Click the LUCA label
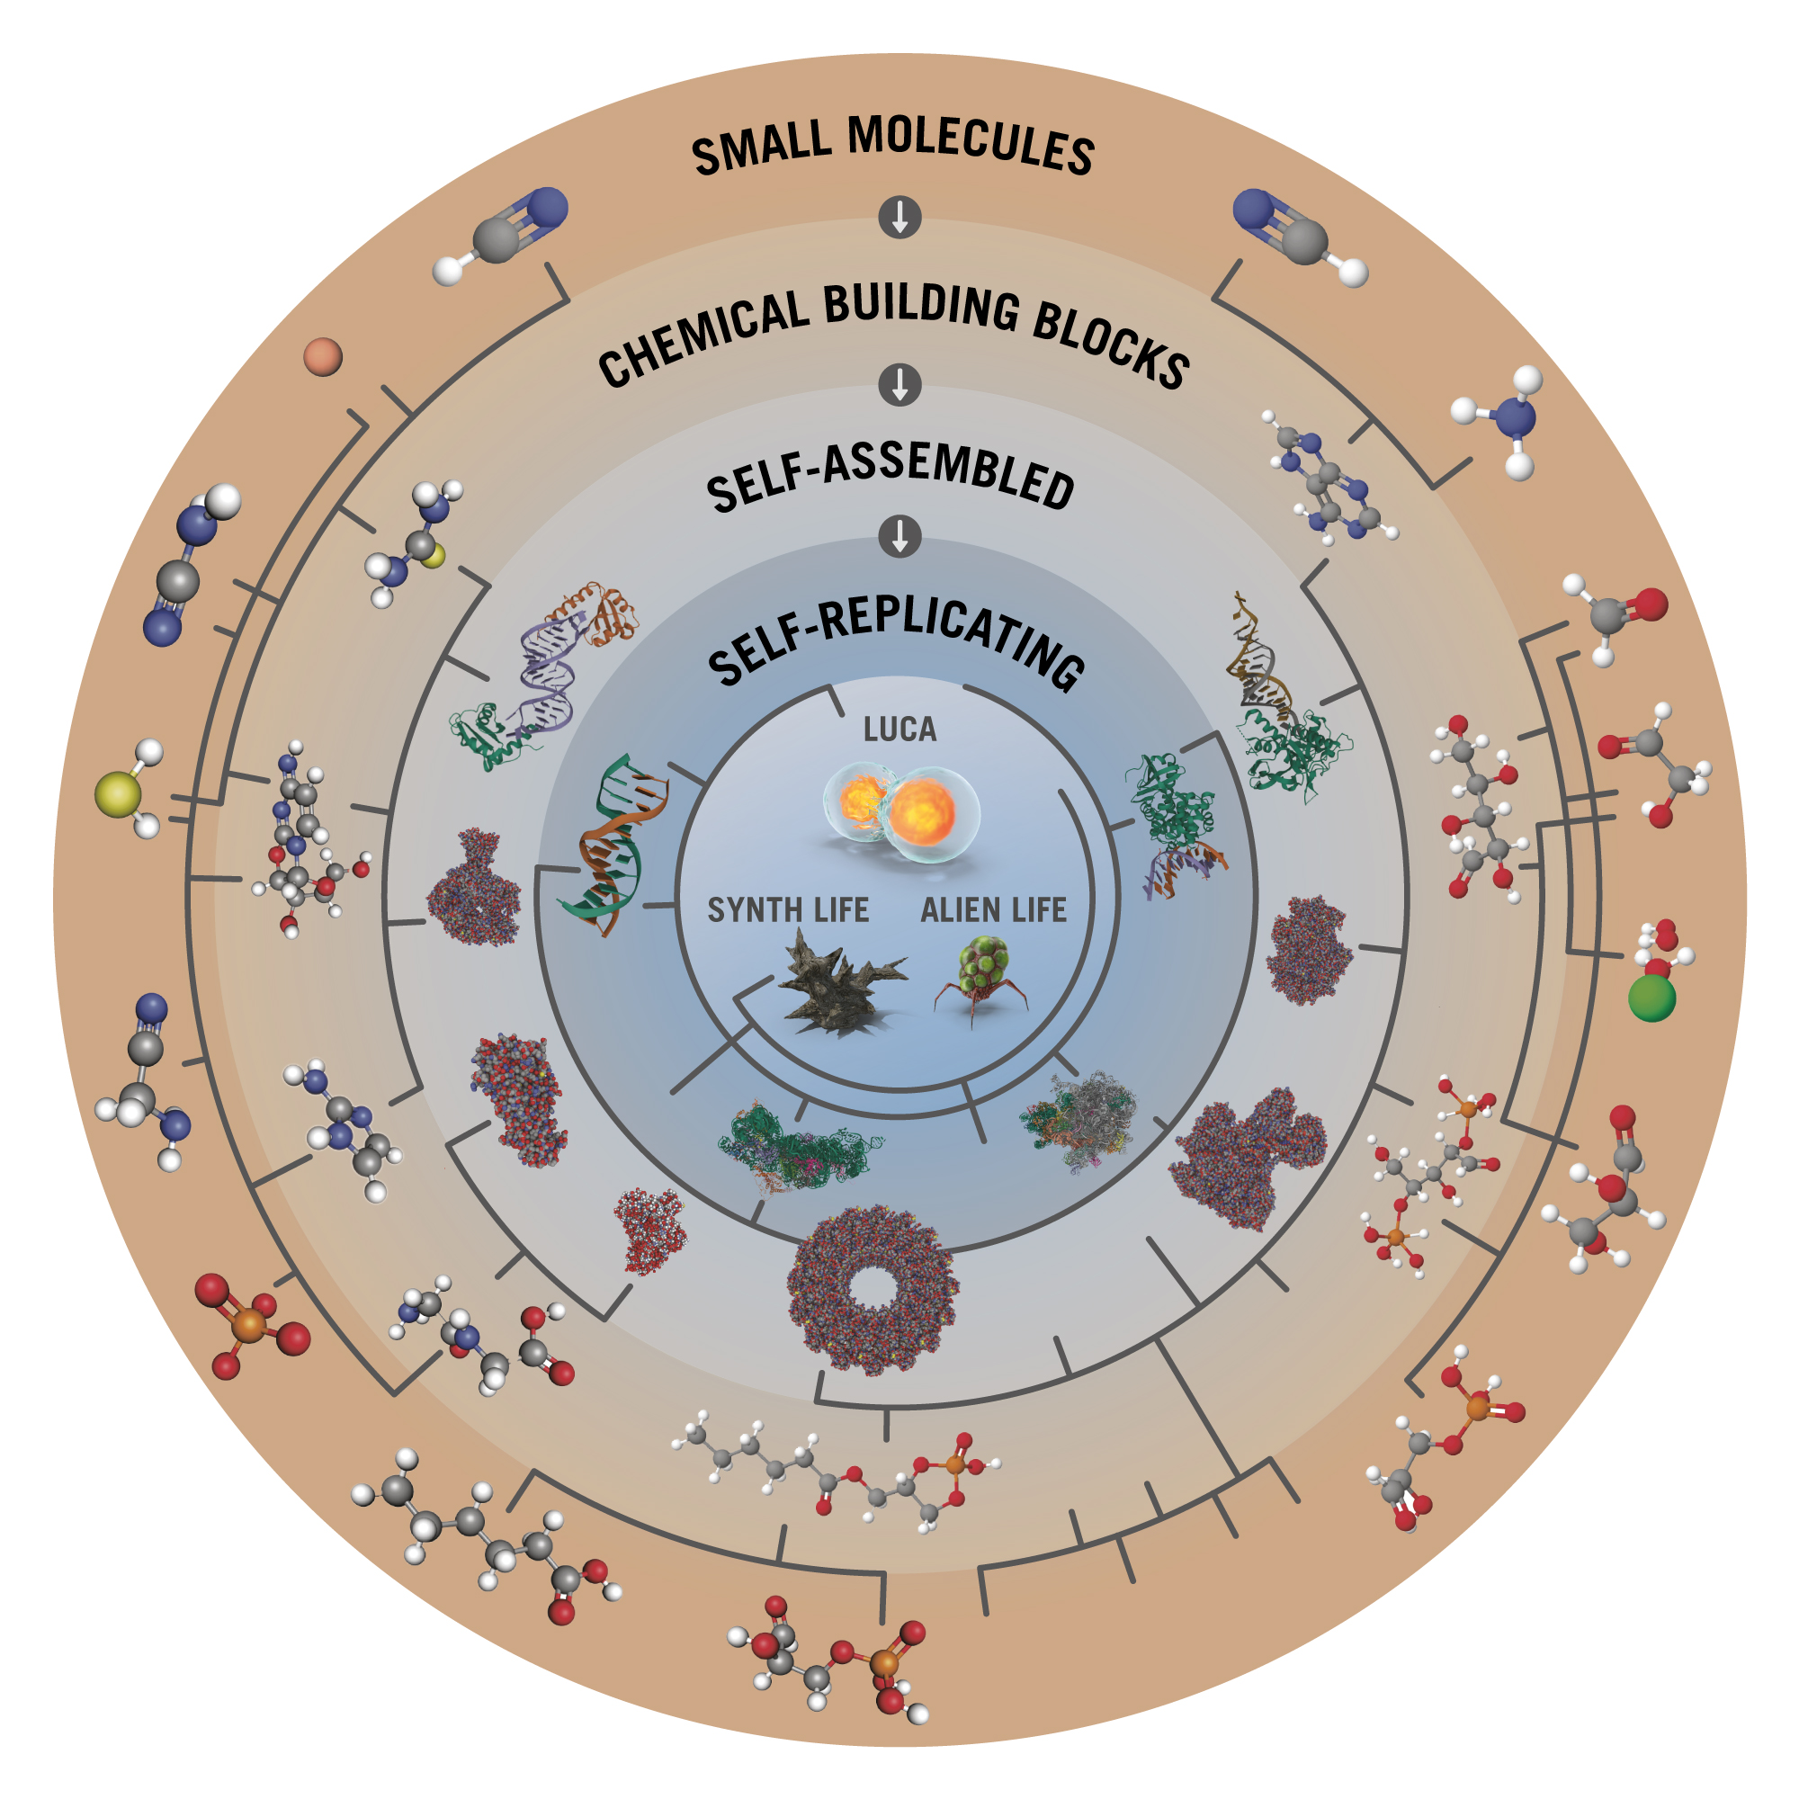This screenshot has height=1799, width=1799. (899, 729)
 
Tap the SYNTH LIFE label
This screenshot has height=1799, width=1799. (788, 909)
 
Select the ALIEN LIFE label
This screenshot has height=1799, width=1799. (994, 909)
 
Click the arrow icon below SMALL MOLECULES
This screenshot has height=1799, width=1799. (899, 217)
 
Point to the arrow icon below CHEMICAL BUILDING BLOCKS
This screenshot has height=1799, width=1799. (899, 385)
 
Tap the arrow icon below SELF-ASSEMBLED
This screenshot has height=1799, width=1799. (899, 536)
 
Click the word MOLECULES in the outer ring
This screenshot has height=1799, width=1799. (971, 145)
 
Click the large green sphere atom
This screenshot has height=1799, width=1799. (1651, 998)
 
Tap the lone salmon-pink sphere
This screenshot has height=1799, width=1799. (323, 356)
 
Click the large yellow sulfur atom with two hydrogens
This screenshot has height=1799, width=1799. (118, 794)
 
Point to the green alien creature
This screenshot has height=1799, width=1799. (982, 980)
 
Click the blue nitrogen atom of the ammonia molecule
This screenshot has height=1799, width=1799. (1515, 418)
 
